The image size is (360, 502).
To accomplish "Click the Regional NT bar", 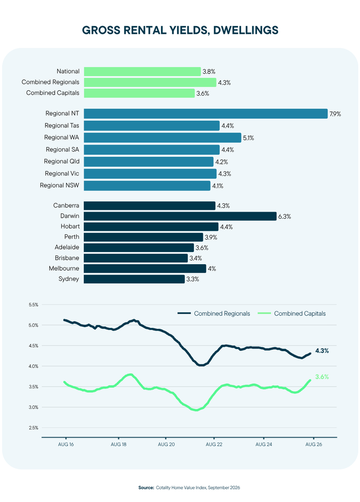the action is tap(206, 114).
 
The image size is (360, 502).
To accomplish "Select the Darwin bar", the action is tap(180, 216).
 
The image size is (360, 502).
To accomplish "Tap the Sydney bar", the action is tap(134, 279).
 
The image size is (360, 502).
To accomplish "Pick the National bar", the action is tap(143, 72).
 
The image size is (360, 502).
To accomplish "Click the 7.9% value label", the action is tap(336, 114).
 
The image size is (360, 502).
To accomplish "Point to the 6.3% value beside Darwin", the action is tap(285, 216).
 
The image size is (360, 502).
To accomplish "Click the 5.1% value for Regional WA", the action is tap(248, 138).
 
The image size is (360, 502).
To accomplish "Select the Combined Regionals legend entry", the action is tap(214, 313).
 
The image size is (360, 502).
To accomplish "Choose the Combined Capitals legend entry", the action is tap(291, 313).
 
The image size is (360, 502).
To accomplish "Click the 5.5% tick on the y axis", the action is tap(33, 305).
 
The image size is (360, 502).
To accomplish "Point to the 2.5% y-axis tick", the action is tap(33, 427).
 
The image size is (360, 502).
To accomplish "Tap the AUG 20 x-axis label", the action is tap(166, 444).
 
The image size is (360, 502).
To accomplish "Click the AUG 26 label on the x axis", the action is tap(313, 444).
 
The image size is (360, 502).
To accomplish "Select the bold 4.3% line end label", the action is tap(322, 351).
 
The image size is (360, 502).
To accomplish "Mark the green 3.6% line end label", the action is tap(322, 377).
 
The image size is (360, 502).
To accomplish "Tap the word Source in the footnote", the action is tap(146, 488).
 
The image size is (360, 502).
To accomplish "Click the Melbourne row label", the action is tap(64, 268).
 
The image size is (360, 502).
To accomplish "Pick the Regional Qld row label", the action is tap(62, 161).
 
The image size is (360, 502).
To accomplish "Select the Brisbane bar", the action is tap(136, 258).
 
